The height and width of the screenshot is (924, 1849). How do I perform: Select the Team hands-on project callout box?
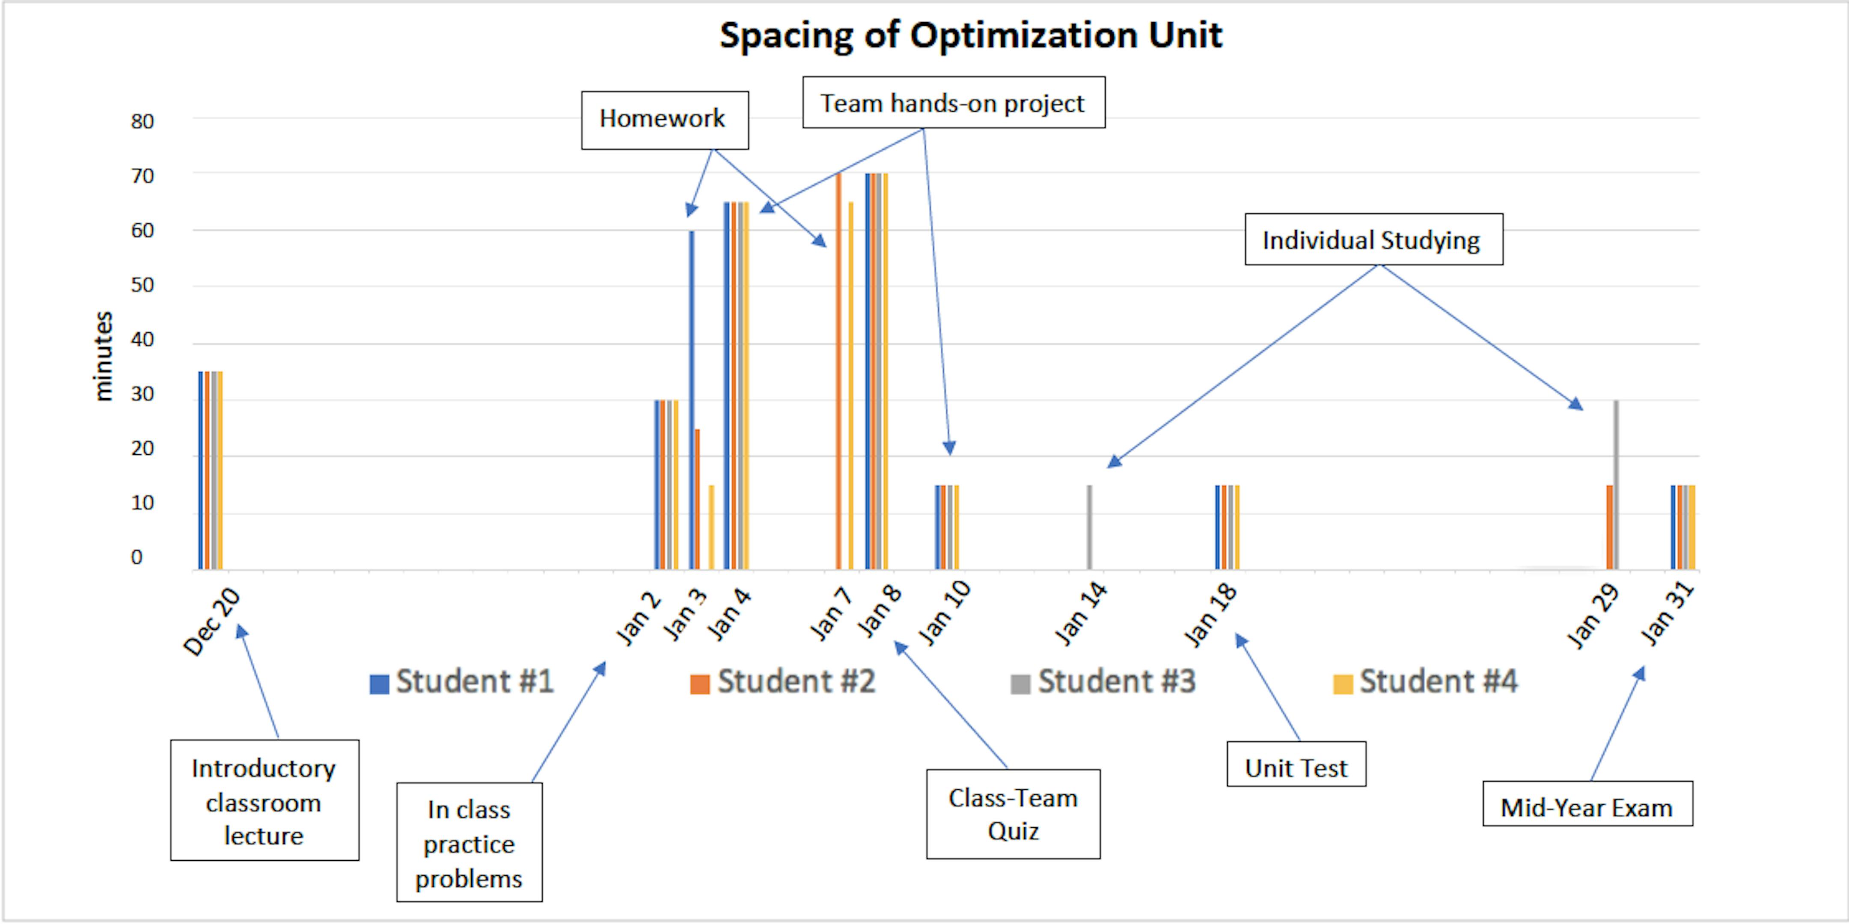[x=953, y=103]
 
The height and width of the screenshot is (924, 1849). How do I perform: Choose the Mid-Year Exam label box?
[x=1587, y=805]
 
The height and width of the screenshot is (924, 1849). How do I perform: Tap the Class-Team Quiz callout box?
[x=1013, y=814]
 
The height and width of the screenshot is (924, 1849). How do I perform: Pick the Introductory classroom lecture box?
[x=264, y=801]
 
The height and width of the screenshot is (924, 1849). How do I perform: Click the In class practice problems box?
[x=469, y=843]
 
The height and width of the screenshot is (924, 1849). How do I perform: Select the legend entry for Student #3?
[x=1104, y=681]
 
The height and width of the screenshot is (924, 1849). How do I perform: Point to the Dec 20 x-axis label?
[x=212, y=623]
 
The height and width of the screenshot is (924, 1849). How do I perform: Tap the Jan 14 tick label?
[x=1081, y=615]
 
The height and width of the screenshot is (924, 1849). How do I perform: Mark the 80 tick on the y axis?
[x=142, y=121]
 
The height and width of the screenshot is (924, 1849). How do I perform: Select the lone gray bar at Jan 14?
[x=1090, y=527]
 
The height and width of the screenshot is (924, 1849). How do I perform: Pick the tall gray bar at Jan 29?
[x=1616, y=484]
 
